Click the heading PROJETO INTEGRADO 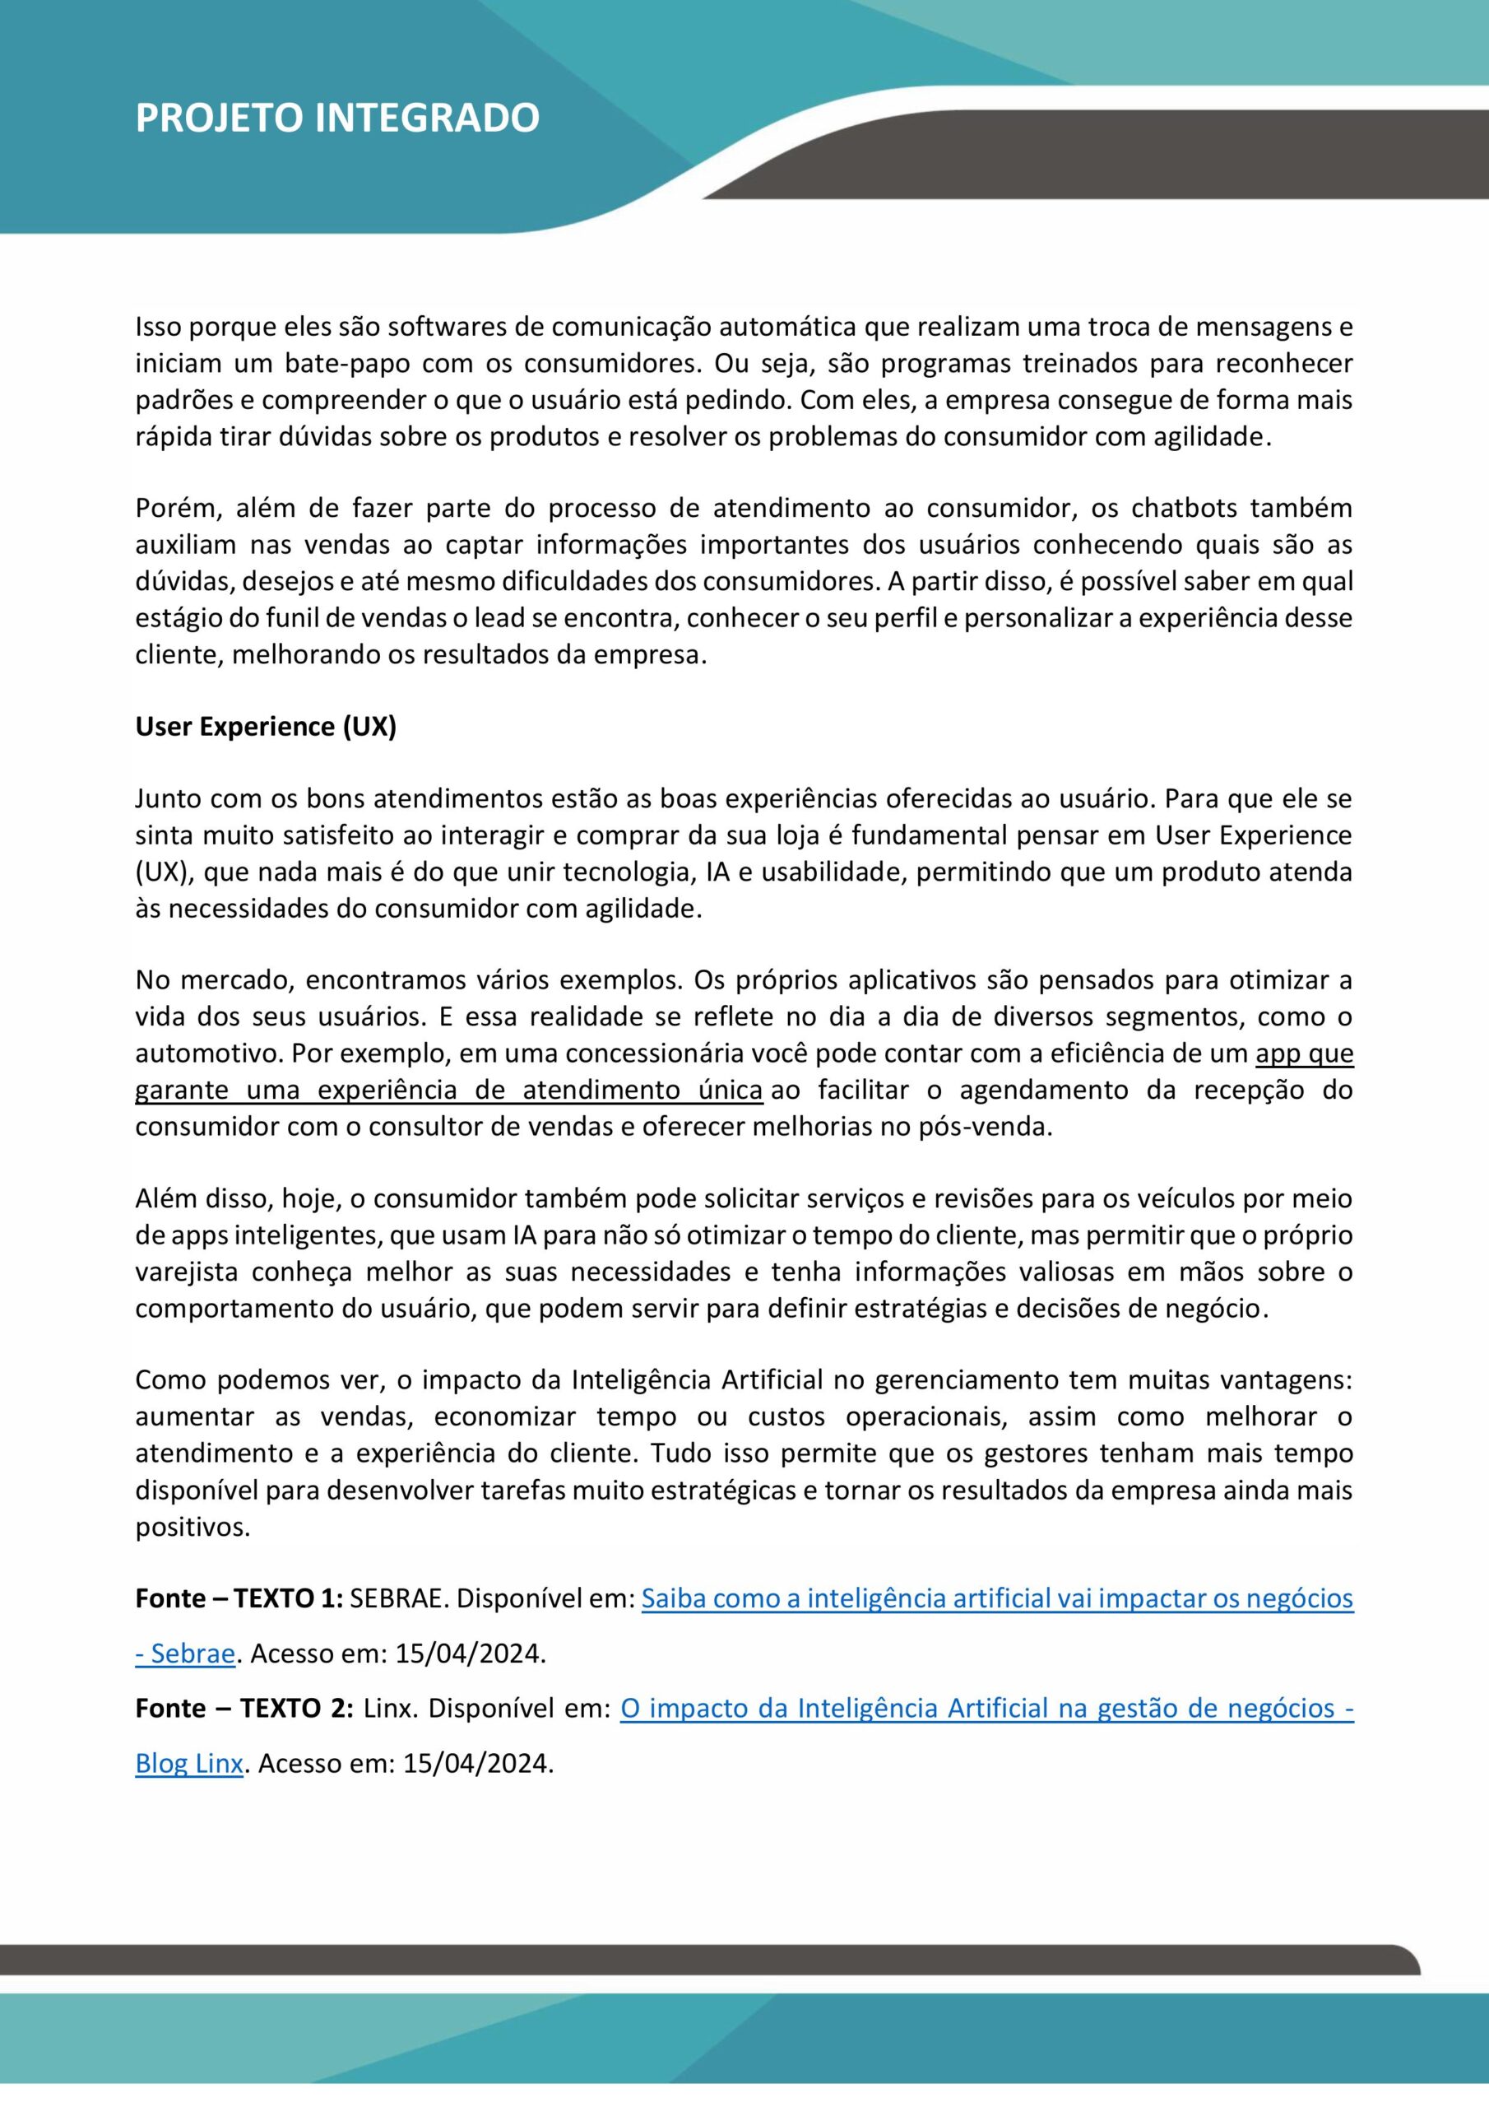(336, 119)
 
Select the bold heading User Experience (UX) (265, 727)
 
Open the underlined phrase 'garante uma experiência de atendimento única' (448, 1091)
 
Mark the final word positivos (192, 1527)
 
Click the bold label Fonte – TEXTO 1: (239, 1598)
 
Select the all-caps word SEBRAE (398, 1598)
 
